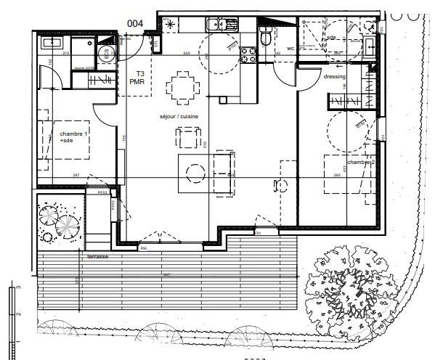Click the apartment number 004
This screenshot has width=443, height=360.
tap(134, 22)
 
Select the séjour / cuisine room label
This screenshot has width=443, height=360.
tap(169, 116)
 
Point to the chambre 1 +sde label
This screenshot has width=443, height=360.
tap(74, 138)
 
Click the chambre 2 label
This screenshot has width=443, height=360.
tap(360, 163)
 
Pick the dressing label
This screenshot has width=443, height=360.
tap(334, 77)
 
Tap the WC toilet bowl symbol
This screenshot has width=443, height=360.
tap(266, 36)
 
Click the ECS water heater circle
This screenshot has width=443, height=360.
tap(104, 53)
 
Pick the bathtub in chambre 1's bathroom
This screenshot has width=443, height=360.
tap(52, 44)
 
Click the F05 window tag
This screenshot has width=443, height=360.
tap(143, 248)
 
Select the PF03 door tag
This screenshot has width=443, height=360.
tap(102, 193)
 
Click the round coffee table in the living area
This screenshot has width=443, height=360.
tap(195, 173)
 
